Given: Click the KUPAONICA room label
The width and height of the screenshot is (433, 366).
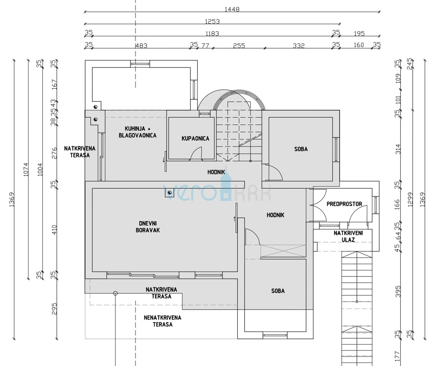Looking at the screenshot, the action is click(x=195, y=139).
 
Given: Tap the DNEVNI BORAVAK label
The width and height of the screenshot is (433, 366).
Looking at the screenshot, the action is click(x=147, y=227).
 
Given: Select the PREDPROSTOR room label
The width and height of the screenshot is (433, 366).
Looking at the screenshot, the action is click(x=344, y=204).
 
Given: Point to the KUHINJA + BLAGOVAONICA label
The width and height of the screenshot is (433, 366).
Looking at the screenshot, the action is click(x=137, y=132).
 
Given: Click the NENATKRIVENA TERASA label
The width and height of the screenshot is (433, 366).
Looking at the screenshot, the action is click(x=163, y=321).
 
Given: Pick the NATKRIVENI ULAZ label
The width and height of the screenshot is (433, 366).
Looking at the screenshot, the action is click(x=348, y=237).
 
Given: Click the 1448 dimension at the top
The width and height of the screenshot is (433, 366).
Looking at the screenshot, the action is click(x=232, y=9).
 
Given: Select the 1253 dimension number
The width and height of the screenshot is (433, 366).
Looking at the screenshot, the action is click(x=212, y=21).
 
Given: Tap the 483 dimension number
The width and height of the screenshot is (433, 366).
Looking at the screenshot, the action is click(x=141, y=46).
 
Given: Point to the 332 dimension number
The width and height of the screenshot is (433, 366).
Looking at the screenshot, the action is click(x=299, y=46).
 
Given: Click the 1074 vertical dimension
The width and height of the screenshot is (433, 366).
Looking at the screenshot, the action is click(x=26, y=169).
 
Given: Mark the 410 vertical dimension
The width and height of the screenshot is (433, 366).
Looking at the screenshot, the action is click(x=54, y=230).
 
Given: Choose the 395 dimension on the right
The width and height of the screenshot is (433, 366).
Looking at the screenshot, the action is click(x=398, y=291).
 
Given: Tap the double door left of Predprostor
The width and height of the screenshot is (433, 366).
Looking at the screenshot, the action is click(x=318, y=205).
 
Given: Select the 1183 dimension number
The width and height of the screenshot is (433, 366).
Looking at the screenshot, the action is click(x=212, y=34).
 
